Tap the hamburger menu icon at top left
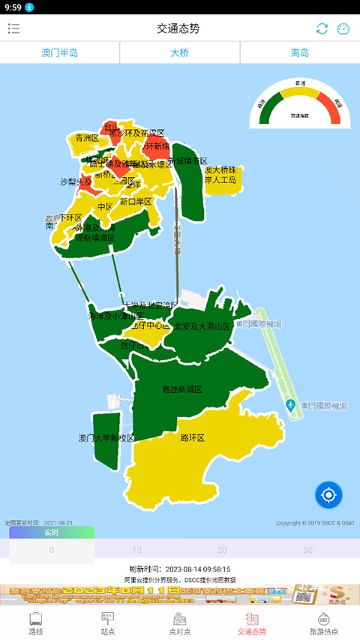pyautogui.click(x=13, y=29)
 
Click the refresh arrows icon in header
pyautogui.click(x=322, y=29)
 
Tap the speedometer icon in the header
pyautogui.click(x=343, y=29)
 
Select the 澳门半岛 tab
pyautogui.click(x=60, y=53)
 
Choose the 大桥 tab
pyautogui.click(x=180, y=53)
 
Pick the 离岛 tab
pyautogui.click(x=300, y=53)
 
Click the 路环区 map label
pyautogui.click(x=193, y=437)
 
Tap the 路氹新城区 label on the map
pyautogui.click(x=182, y=390)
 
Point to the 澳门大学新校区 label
pyautogui.click(x=106, y=438)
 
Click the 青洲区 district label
pyautogui.click(x=87, y=138)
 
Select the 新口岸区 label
pyautogui.click(x=136, y=202)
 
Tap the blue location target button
pyautogui.click(x=328, y=494)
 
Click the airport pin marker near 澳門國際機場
pyautogui.click(x=290, y=406)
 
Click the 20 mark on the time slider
pyautogui.click(x=222, y=550)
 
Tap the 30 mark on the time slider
pyautogui.click(x=307, y=550)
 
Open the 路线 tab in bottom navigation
pyautogui.click(x=36, y=623)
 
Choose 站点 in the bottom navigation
pyautogui.click(x=108, y=623)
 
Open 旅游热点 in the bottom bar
pyautogui.click(x=324, y=623)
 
